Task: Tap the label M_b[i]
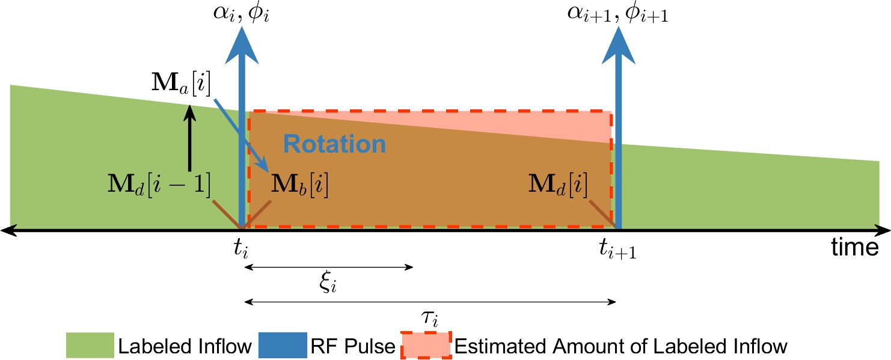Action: (299, 185)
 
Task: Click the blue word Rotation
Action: (334, 144)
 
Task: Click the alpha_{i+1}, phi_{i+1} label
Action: (619, 13)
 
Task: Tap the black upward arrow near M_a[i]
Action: (189, 138)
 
